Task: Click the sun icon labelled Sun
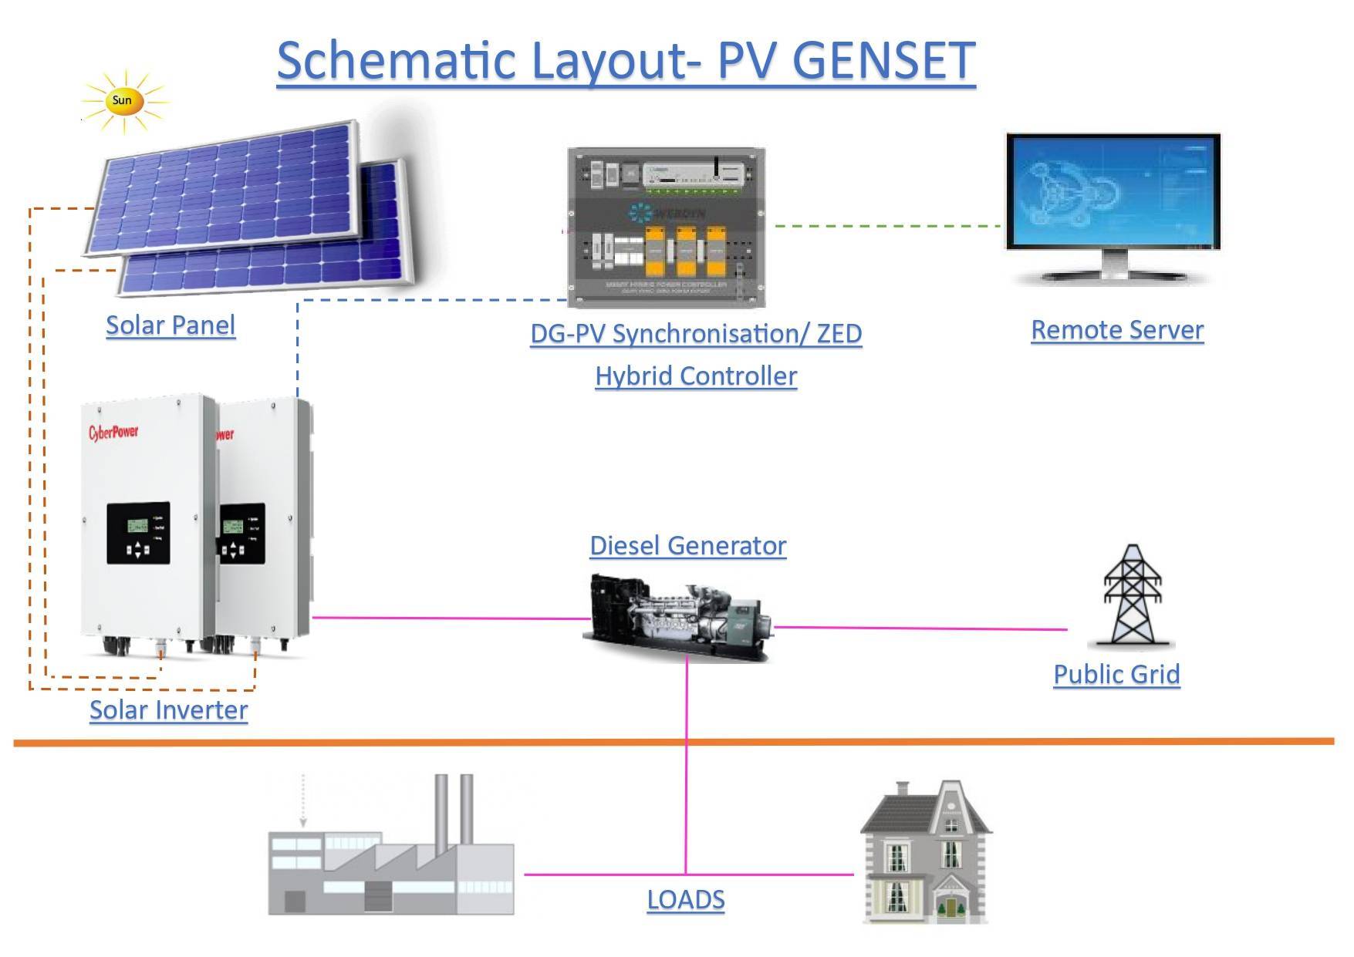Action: tap(122, 101)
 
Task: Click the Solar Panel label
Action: tap(170, 325)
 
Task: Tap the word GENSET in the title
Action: tap(883, 60)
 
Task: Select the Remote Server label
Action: tap(1116, 330)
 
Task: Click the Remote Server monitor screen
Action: tap(1113, 191)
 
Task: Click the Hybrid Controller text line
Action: tap(695, 376)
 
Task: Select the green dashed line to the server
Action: tap(887, 226)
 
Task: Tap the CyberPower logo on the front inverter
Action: tap(113, 431)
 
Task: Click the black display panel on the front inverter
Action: tap(138, 533)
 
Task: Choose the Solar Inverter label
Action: tap(168, 710)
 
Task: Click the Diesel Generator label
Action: tap(687, 546)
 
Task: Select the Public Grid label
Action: tap(1116, 675)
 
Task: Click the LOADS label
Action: tap(685, 900)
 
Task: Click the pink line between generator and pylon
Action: tap(918, 628)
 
